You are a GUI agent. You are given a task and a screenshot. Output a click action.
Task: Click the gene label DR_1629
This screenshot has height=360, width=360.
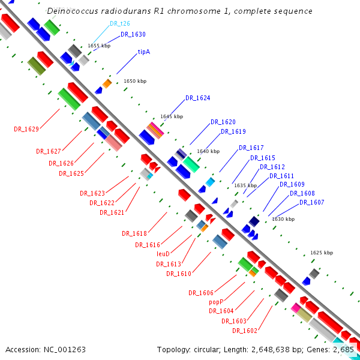pos(26,129)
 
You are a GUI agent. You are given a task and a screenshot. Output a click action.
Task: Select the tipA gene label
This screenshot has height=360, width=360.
pos(144,52)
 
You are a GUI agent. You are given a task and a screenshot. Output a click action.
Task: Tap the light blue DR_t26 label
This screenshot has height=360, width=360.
pos(120,23)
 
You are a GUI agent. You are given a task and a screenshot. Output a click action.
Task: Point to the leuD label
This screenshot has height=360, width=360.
pos(163,254)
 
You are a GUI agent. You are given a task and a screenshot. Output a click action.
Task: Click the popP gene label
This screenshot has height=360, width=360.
pos(216,302)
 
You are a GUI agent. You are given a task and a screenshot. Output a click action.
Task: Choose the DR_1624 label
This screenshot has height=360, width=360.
pos(197,98)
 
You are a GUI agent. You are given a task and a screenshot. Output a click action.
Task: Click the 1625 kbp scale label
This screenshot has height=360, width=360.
pos(321,253)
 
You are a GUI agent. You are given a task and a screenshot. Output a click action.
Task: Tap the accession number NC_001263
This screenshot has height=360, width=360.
pos(63,349)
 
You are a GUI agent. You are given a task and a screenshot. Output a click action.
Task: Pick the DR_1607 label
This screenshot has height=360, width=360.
pos(311,203)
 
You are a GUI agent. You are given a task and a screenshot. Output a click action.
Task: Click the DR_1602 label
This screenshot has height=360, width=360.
pos(244,331)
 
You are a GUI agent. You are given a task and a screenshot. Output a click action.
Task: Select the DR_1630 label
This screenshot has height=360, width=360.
pos(133,35)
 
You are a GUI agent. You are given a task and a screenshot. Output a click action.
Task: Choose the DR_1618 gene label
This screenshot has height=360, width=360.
pos(134,233)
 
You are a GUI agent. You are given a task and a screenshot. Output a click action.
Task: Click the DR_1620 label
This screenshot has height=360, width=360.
pos(223,122)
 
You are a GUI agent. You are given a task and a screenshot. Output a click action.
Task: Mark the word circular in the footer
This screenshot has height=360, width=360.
pos(214,349)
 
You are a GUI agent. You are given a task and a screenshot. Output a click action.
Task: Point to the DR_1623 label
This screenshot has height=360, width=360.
pos(92,193)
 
